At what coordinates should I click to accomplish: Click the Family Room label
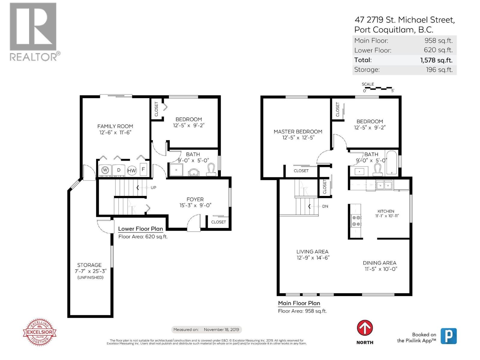(115, 126)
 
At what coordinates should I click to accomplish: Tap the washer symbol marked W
(105, 170)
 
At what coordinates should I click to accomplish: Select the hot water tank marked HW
(132, 170)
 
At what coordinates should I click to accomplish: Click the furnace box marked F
(143, 169)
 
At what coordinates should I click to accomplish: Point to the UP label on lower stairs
(153, 188)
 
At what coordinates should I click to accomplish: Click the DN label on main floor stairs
(325, 206)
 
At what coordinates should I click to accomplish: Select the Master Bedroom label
(298, 131)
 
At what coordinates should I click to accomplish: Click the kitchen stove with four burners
(356, 221)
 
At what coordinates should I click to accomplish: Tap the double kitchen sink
(384, 185)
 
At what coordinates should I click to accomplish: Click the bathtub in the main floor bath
(392, 163)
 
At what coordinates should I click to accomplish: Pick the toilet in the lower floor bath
(212, 170)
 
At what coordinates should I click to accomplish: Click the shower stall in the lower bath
(177, 169)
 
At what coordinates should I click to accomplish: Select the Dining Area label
(379, 263)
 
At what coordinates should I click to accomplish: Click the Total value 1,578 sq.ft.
(436, 60)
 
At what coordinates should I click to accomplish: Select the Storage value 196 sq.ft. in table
(439, 70)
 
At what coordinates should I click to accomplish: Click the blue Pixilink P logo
(448, 336)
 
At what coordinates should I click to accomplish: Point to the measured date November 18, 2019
(221, 329)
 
